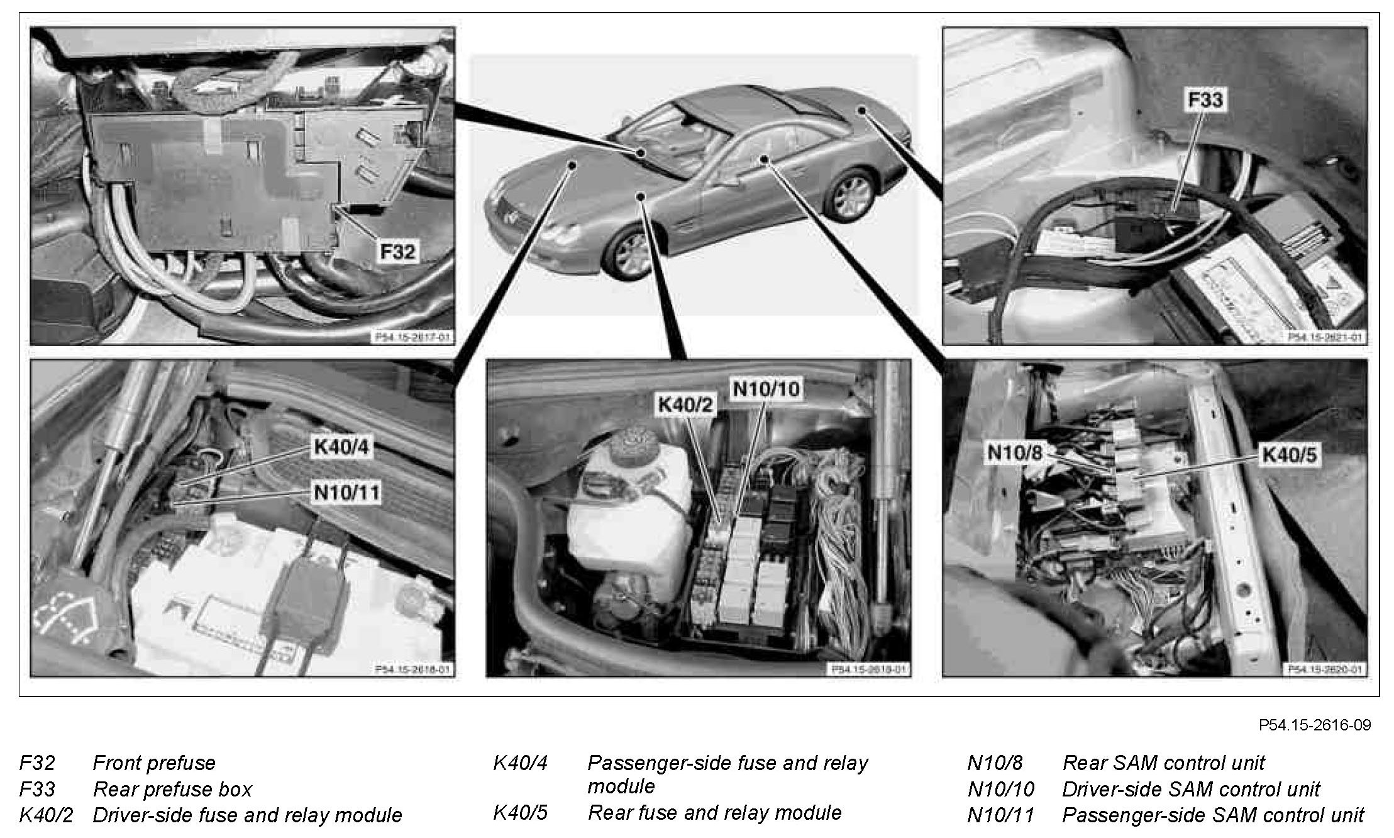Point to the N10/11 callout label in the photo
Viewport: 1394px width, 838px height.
click(x=347, y=492)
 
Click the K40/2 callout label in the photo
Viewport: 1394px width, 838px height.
click(x=686, y=405)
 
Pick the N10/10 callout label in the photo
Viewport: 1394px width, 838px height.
click(x=766, y=389)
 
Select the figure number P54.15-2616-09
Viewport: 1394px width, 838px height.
click(x=1314, y=725)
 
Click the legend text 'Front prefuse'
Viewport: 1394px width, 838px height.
click(x=154, y=763)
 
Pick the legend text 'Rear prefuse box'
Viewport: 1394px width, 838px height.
click(x=172, y=789)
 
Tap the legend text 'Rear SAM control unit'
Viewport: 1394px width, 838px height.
click(x=1163, y=763)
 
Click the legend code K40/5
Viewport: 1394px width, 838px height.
click(x=520, y=812)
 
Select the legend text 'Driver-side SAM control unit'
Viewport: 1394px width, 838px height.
click(x=1191, y=789)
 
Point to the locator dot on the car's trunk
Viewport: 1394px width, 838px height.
click(x=862, y=111)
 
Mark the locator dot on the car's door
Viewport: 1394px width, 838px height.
click(x=764, y=159)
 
